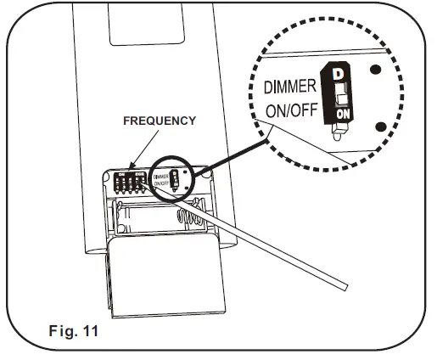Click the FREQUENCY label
(x=160, y=121)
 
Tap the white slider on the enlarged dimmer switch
(x=339, y=93)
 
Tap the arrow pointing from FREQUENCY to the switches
(x=133, y=153)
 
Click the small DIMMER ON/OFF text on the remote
(x=159, y=180)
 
